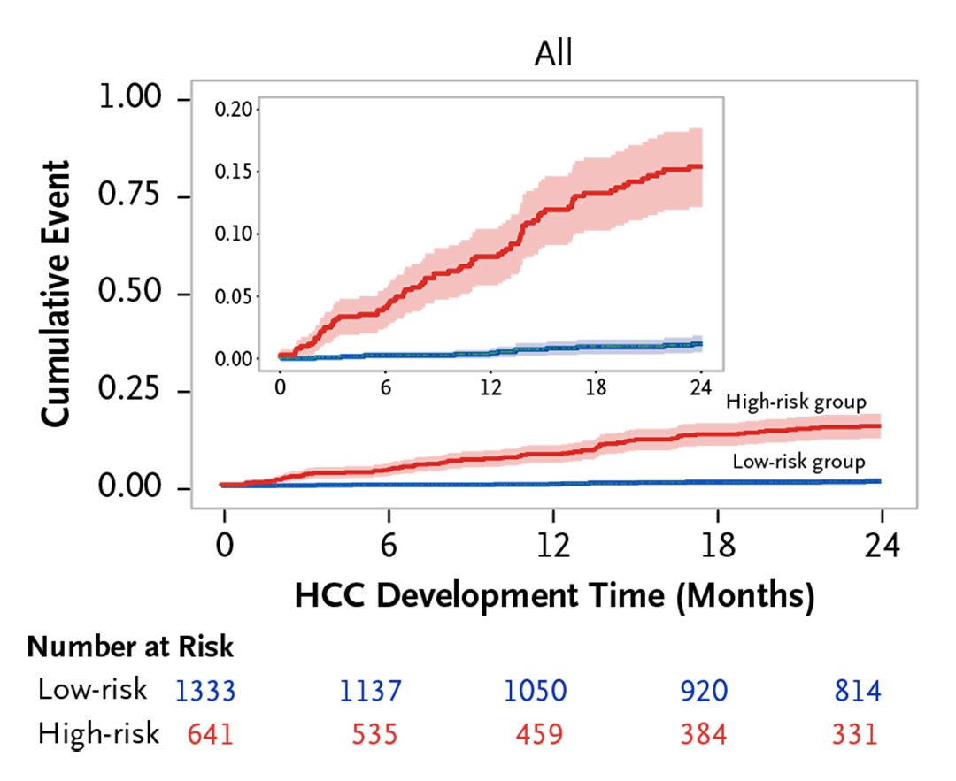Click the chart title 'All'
pos(553,54)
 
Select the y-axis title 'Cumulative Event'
pos(57,294)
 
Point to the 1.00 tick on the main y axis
pos(134,98)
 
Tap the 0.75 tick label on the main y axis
pos(134,195)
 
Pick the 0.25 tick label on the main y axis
pos(134,391)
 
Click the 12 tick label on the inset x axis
pos(490,387)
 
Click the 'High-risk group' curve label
pos(795,402)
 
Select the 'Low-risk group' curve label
pos(798,461)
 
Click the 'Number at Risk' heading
pos(130,647)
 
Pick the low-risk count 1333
pos(205,691)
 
